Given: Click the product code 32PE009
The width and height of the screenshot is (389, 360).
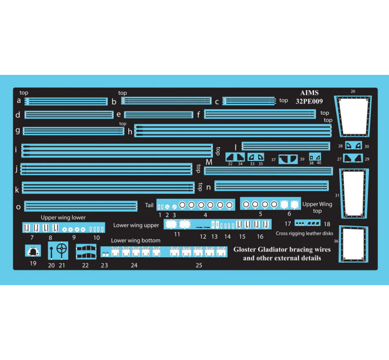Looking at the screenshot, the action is [x=309, y=101].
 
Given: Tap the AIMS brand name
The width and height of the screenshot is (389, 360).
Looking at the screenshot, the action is [x=309, y=93].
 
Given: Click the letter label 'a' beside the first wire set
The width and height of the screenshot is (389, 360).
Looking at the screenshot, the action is [x=19, y=101].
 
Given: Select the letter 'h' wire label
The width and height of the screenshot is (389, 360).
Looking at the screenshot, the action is [x=130, y=131].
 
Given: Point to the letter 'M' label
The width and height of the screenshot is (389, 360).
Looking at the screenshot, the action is [x=209, y=162].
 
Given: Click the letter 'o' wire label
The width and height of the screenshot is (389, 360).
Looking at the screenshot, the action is [x=18, y=207].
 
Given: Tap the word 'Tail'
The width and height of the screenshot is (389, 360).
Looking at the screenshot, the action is [x=149, y=205].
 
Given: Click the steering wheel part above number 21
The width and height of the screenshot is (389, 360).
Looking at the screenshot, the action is [x=62, y=248].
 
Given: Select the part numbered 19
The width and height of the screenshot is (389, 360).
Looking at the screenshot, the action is [x=33, y=251].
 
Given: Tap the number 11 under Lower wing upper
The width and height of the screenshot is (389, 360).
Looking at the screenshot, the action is [x=177, y=234].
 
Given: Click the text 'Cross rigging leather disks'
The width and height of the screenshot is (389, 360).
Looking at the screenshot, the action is [x=304, y=233].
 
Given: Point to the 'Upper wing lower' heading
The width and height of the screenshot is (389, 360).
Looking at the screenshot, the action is [x=63, y=218].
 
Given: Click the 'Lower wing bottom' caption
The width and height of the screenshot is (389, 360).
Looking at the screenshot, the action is [x=136, y=241].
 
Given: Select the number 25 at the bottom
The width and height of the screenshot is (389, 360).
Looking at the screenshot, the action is [x=199, y=265].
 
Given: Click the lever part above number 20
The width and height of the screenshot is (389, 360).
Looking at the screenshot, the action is [x=51, y=252].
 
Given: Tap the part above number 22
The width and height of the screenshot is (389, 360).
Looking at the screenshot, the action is [x=86, y=252].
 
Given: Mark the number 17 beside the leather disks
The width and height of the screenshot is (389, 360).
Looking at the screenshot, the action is [x=288, y=224].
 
